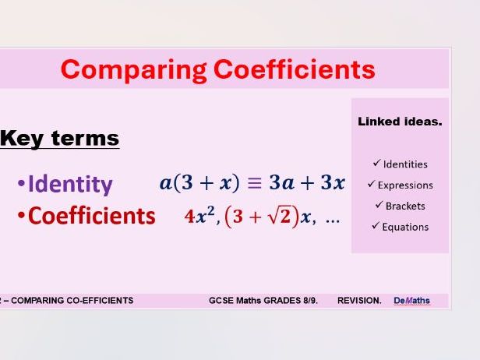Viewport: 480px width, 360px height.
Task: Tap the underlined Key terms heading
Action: [59, 139]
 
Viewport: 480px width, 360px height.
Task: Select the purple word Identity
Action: [69, 185]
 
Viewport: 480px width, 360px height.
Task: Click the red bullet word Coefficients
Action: [91, 216]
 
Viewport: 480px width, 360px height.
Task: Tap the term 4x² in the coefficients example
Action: [200, 217]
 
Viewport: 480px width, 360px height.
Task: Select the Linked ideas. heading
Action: [400, 122]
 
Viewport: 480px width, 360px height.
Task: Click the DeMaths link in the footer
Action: [411, 301]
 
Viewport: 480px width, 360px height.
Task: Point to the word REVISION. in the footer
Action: [359, 301]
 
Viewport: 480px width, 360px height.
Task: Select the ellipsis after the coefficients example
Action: [332, 219]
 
